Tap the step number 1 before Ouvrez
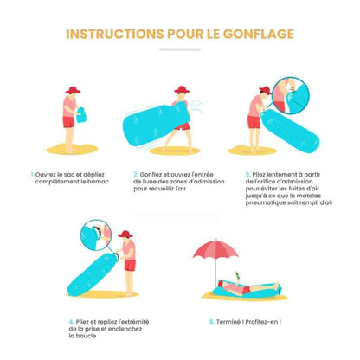[32, 173]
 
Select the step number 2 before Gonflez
[136, 173]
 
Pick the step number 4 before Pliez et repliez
[70, 320]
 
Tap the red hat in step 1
[72, 91]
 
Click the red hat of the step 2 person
[182, 89]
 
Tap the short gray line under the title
[179, 50]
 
